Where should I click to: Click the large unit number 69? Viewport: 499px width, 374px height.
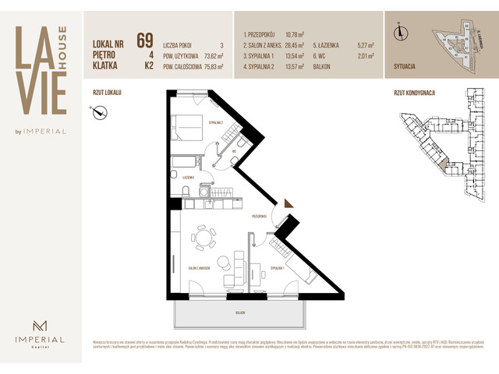click(144, 41)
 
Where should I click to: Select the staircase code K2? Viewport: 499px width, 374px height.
click(148, 67)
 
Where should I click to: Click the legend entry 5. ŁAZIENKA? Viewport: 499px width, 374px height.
click(330, 46)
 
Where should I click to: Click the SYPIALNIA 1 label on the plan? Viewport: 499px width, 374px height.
click(278, 267)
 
